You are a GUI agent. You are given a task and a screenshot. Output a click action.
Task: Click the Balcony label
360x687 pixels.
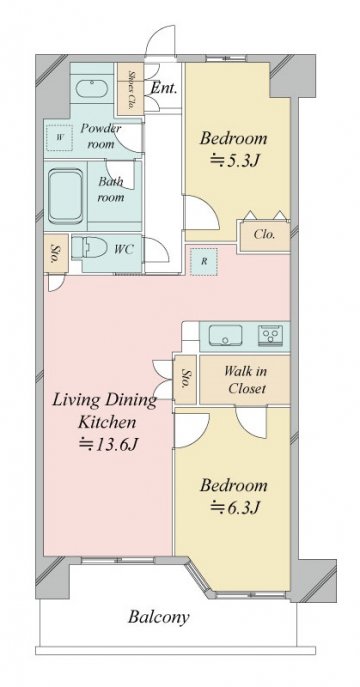[x=159, y=617]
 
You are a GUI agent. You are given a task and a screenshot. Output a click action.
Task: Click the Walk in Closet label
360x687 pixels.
[x=246, y=380]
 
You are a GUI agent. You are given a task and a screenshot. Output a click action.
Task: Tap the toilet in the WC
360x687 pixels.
[x=89, y=248]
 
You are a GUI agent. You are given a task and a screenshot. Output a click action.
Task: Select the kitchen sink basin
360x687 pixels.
[x=225, y=336]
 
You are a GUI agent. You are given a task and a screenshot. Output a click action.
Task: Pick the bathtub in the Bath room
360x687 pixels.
[x=66, y=197]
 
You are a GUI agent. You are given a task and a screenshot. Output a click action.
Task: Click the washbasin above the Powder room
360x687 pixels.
[x=92, y=89]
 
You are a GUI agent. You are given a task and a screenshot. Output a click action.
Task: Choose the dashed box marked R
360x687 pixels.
[x=204, y=262]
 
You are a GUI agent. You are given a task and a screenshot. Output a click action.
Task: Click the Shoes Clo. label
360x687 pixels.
[x=131, y=89]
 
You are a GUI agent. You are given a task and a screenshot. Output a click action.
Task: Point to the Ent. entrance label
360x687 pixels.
[x=164, y=89]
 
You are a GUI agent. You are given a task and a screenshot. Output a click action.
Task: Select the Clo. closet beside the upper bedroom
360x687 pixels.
[x=265, y=235]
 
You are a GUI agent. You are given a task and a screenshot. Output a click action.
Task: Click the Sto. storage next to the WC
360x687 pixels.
[x=56, y=253]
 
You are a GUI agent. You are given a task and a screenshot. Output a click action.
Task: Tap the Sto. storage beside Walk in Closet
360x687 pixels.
[x=185, y=379]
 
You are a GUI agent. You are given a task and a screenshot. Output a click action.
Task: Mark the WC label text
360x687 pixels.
[x=123, y=250]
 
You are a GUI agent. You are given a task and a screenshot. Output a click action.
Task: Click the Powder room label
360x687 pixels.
[x=101, y=136]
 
